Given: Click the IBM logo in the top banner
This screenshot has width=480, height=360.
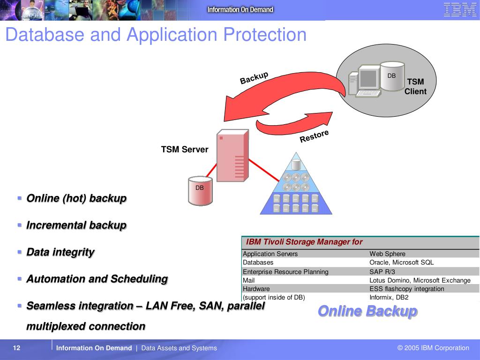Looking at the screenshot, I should pyautogui.click(x=460, y=10).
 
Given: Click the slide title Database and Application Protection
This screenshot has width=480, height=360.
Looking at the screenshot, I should pyautogui.click(x=156, y=35).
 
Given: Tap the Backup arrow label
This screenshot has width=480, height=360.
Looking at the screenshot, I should pyautogui.click(x=254, y=78).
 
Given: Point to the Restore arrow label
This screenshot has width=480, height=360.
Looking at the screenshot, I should pyautogui.click(x=314, y=136).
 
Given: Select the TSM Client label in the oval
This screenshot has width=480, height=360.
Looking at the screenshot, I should pyautogui.click(x=415, y=87).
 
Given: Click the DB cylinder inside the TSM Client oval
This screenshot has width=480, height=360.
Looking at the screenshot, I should pyautogui.click(x=391, y=76).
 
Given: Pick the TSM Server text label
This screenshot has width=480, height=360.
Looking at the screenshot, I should pyautogui.click(x=185, y=150).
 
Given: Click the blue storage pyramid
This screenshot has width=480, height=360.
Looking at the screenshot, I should pyautogui.click(x=296, y=187).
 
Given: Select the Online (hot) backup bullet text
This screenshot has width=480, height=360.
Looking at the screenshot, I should pyautogui.click(x=76, y=198).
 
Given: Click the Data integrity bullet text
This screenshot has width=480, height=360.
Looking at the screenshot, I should pyautogui.click(x=60, y=252).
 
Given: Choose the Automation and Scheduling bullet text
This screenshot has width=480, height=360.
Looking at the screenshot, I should pyautogui.click(x=97, y=279).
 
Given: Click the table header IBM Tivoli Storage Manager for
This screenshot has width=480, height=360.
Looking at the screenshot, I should pyautogui.click(x=304, y=242).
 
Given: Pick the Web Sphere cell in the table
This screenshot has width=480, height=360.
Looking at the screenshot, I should pyautogui.click(x=387, y=254).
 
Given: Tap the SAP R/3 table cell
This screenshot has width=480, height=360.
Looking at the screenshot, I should pyautogui.click(x=382, y=271).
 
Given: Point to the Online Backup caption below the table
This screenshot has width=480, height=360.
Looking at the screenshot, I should pyautogui.click(x=367, y=311).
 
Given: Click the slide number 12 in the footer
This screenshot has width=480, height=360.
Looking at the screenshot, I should pyautogui.click(x=17, y=348).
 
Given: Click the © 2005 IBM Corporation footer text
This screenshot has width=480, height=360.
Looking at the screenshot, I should pyautogui.click(x=433, y=348).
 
